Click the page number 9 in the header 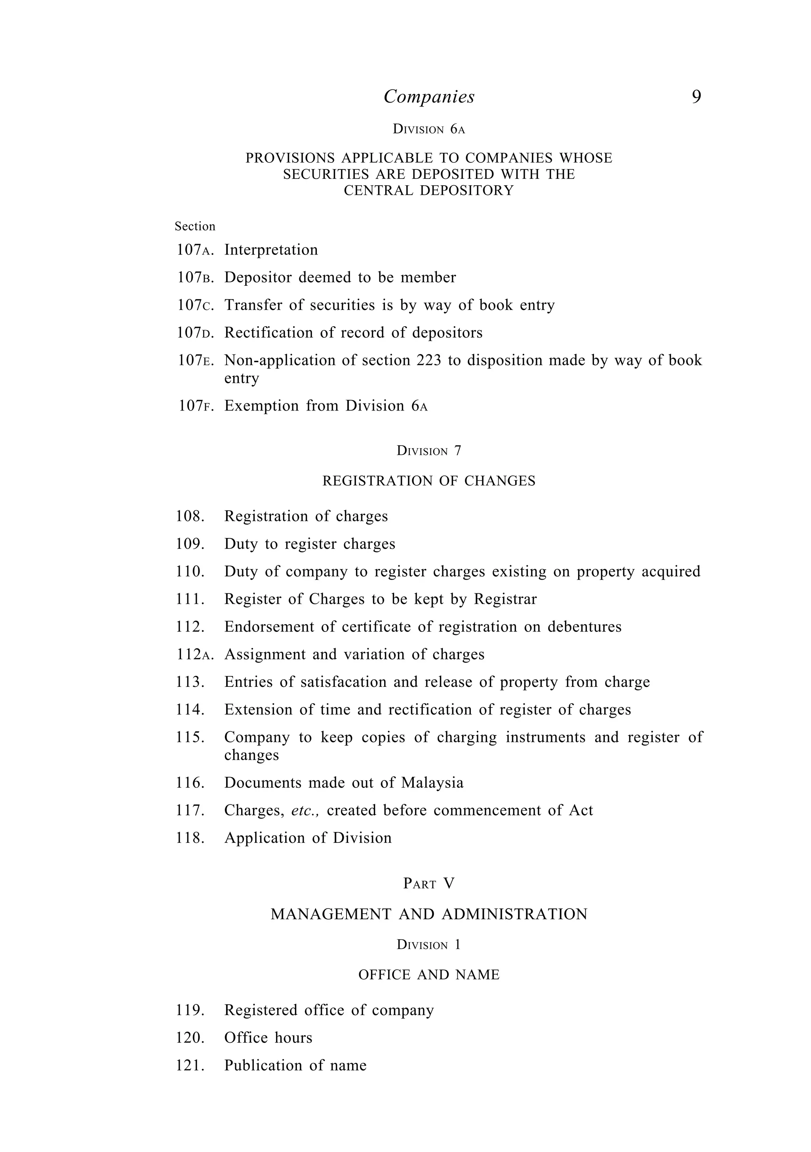[696, 97]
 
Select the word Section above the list [195, 227]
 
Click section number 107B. [195, 278]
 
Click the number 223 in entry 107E [428, 360]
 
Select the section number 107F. [196, 405]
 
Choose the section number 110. [190, 572]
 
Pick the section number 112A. [195, 654]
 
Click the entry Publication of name [295, 1065]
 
